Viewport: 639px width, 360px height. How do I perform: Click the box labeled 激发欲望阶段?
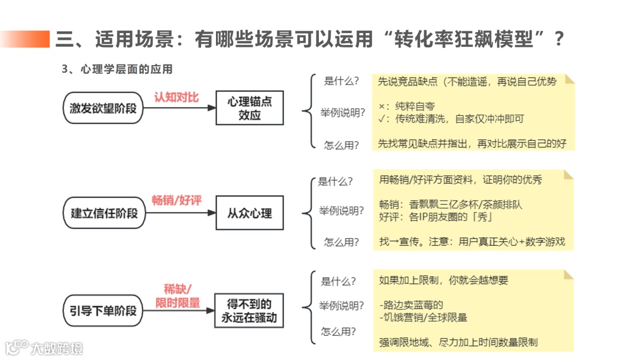(103, 108)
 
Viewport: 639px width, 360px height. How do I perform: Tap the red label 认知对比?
(176, 97)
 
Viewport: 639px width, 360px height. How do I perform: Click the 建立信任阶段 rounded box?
(103, 213)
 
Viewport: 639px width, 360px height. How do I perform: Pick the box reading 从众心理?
(249, 213)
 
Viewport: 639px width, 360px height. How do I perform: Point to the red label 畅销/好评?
(176, 201)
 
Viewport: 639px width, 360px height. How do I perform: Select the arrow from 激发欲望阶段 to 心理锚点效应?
(180, 108)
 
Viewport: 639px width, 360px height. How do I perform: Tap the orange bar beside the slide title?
(25, 39)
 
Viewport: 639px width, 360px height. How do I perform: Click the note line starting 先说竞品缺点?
(467, 82)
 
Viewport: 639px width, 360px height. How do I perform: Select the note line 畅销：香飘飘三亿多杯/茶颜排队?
(450, 205)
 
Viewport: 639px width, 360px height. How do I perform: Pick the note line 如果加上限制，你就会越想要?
(443, 280)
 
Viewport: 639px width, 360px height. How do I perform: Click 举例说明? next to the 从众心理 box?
(341, 211)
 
